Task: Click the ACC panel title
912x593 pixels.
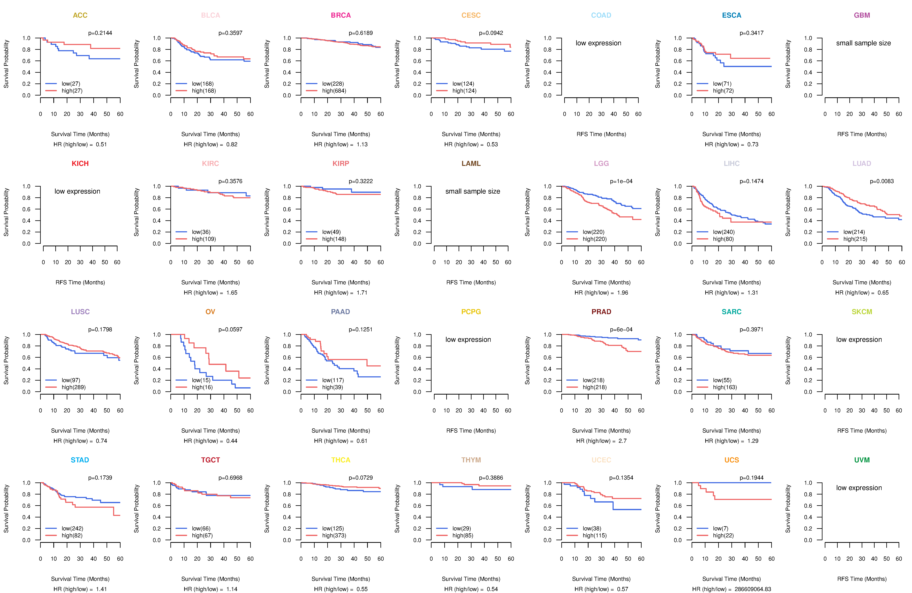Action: coord(80,15)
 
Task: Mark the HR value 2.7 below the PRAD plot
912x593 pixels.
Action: coord(622,441)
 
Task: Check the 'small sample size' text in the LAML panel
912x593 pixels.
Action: coord(472,191)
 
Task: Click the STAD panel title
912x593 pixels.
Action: coord(80,460)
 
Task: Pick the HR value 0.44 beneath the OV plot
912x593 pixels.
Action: coord(231,441)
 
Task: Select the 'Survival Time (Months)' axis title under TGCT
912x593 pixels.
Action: coord(210,579)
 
